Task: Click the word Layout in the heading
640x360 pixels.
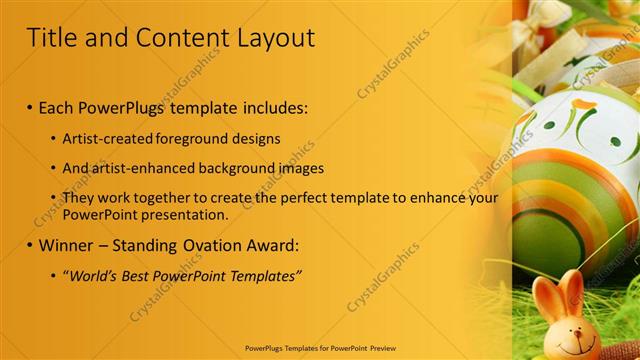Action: pyautogui.click(x=276, y=38)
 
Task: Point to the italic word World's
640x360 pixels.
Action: pyautogui.click(x=94, y=275)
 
